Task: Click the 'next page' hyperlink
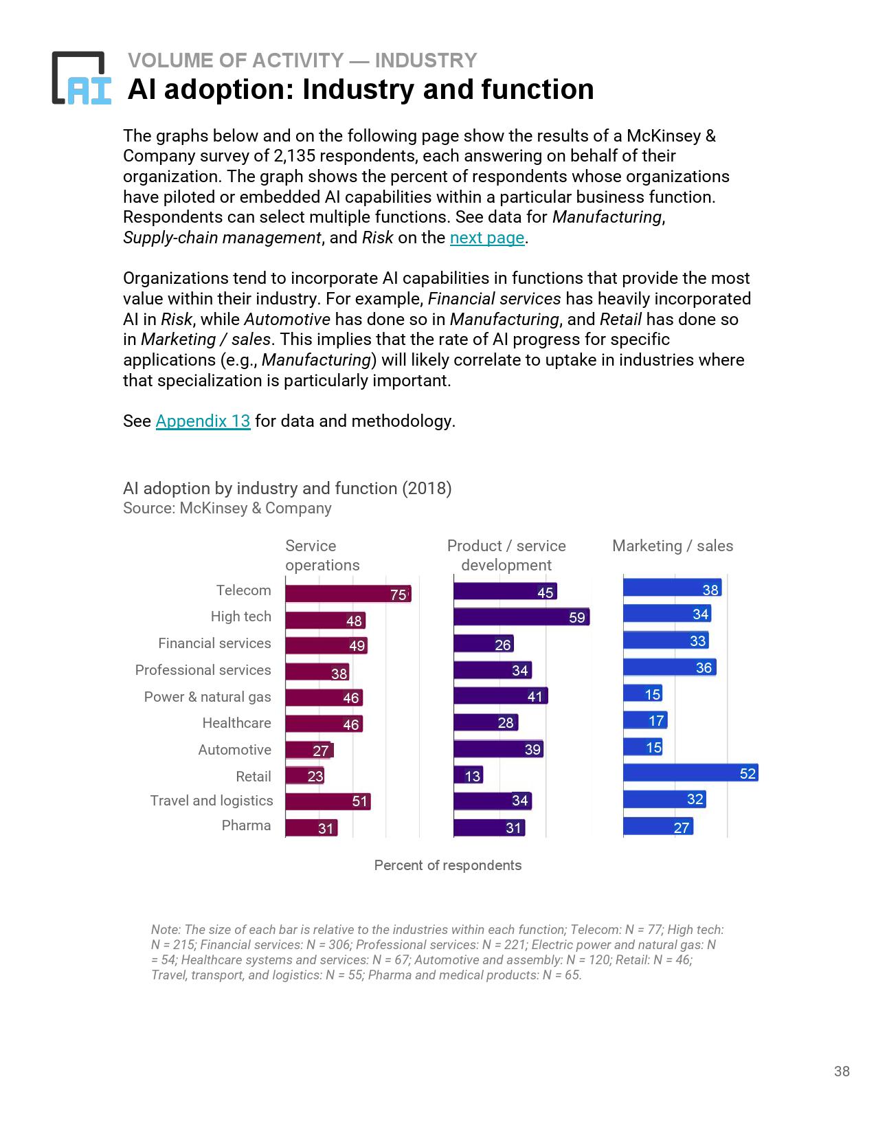[x=486, y=238]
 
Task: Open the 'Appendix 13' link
[x=203, y=421]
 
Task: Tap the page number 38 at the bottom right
[x=842, y=1071]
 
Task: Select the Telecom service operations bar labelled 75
[x=348, y=594]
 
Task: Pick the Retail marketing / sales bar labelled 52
[x=690, y=773]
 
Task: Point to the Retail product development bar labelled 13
[x=468, y=775]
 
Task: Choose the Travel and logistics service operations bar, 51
[x=328, y=801]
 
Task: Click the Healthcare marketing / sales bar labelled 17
[x=644, y=720]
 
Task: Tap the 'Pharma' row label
[x=246, y=825]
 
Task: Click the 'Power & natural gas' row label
[x=207, y=697]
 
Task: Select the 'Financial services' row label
[x=214, y=643]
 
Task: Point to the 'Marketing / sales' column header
[x=672, y=546]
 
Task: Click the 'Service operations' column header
[x=322, y=555]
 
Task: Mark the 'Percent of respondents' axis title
[x=447, y=865]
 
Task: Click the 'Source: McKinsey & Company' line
[x=227, y=508]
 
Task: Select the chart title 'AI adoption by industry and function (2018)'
[x=287, y=488]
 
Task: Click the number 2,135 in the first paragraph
[x=288, y=156]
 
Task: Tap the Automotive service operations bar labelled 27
[x=308, y=750]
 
